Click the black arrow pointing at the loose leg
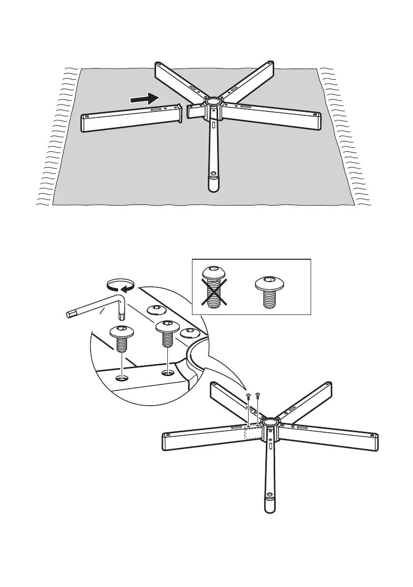(x=146, y=99)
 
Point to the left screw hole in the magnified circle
(x=122, y=379)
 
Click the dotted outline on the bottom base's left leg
(x=254, y=432)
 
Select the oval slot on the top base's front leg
(x=214, y=125)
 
